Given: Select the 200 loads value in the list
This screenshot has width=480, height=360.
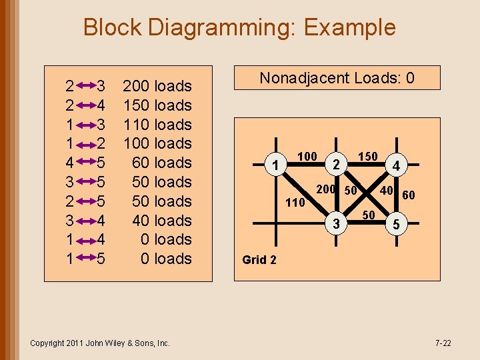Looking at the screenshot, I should [157, 86].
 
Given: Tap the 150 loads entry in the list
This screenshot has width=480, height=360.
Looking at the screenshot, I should [157, 105].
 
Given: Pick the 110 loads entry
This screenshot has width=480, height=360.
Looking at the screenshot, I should [157, 125].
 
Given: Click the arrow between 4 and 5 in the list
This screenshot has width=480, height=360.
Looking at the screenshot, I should [85, 163].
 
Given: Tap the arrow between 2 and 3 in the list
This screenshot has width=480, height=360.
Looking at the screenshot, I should [85, 86].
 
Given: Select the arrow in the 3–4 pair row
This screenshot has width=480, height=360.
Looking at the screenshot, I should [85, 221].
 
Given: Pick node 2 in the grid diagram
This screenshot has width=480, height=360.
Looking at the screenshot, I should [337, 164].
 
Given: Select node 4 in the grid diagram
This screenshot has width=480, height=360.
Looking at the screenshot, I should [397, 164].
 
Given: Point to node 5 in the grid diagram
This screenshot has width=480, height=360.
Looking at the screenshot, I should [397, 225].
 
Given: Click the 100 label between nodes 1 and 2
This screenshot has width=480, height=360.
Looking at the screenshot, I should [307, 157].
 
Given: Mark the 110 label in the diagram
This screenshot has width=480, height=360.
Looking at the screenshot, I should [295, 202].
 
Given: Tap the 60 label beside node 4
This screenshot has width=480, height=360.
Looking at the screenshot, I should [409, 195].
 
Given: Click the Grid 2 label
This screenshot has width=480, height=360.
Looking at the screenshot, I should [259, 260].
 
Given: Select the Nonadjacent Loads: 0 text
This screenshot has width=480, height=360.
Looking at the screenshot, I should [337, 78].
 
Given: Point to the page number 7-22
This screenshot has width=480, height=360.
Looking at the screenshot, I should [443, 343].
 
